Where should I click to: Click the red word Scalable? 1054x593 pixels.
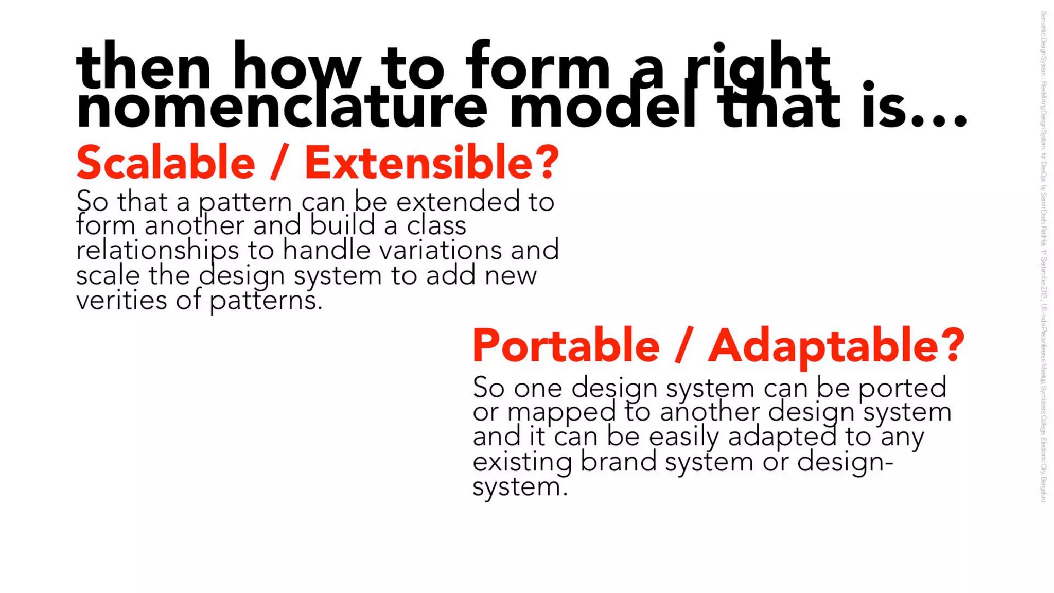166,163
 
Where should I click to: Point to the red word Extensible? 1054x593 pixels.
431,163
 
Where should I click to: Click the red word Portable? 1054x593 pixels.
566,346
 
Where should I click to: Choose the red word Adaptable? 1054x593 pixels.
836,346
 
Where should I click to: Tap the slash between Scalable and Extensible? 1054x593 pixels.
278,163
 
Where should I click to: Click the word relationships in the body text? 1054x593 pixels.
157,251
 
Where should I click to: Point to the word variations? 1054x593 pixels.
440,251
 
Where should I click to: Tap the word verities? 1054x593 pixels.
121,300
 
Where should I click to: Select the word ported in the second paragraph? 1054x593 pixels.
902,388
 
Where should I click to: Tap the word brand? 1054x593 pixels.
618,462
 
